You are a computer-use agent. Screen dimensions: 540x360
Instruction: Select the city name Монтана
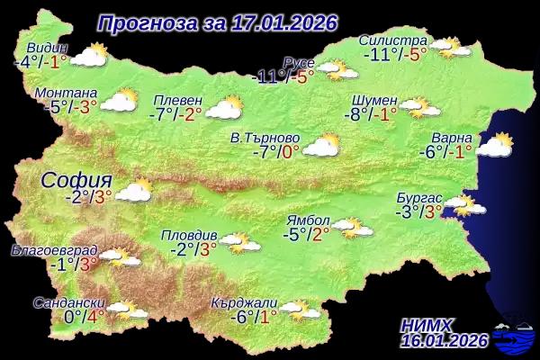65,92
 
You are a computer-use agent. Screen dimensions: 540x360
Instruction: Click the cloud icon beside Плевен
223,109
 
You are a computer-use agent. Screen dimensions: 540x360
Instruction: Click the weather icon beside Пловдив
238,241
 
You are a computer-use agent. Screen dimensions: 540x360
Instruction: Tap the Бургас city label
419,197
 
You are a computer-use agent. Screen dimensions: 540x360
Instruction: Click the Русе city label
298,61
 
